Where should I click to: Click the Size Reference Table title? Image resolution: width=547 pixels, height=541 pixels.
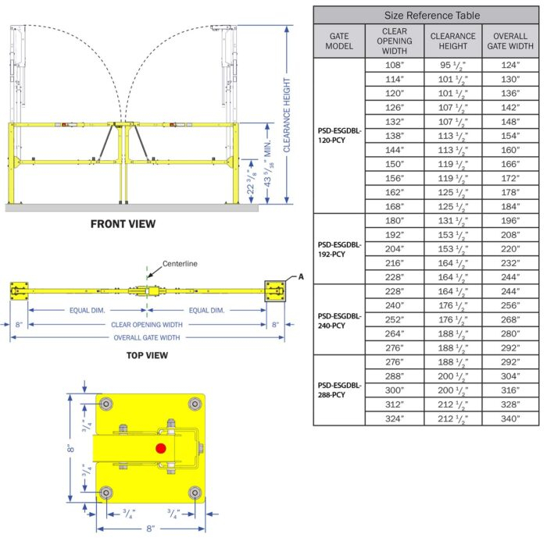(426, 15)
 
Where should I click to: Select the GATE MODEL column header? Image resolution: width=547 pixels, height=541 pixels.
(339, 41)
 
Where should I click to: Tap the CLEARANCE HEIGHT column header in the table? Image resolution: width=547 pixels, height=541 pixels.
(452, 41)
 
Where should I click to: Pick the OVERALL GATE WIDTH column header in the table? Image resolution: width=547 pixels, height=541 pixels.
(509, 41)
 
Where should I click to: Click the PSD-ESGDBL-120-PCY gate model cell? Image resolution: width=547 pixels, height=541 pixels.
(339, 136)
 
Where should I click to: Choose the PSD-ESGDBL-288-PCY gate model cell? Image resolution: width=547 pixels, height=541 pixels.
(339, 390)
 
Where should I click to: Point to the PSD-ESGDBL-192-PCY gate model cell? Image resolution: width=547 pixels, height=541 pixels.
(339, 249)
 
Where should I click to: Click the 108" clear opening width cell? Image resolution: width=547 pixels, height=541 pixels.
(395, 66)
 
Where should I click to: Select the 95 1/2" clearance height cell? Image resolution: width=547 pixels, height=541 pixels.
(452, 66)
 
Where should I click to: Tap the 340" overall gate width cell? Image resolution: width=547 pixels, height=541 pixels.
(509, 418)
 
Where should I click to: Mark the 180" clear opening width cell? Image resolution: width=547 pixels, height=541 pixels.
(395, 221)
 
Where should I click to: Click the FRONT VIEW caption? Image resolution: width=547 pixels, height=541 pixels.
(123, 224)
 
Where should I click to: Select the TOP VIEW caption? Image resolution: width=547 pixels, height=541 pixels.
(147, 355)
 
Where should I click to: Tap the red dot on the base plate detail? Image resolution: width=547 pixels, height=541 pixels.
(161, 448)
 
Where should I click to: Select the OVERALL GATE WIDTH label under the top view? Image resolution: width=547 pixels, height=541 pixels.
(148, 337)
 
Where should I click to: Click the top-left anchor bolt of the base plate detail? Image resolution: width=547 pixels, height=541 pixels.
(105, 404)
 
